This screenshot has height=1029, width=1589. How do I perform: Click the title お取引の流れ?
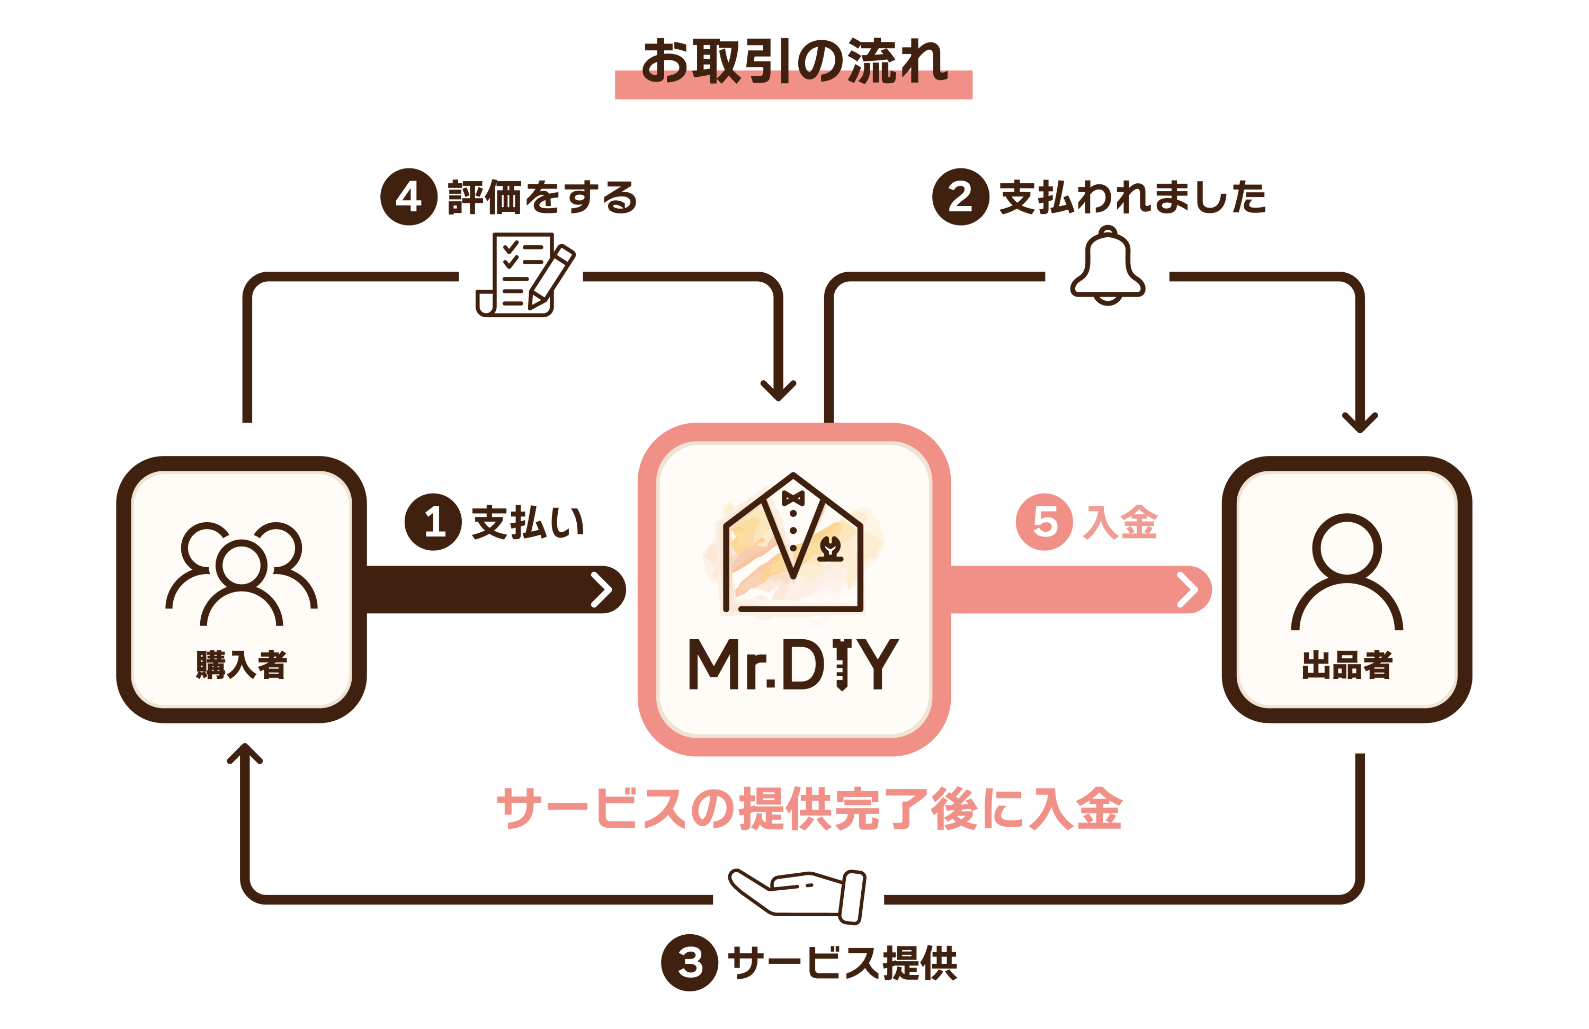coord(794,61)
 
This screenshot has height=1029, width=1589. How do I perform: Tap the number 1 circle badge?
coord(433,522)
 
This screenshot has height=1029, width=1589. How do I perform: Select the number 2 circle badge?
coord(960,197)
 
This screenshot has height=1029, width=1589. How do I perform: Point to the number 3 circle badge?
coord(690,962)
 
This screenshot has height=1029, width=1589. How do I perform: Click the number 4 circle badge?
coord(408,197)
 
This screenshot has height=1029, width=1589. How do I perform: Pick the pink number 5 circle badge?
coord(1044,522)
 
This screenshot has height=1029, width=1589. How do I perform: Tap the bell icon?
coord(1108,266)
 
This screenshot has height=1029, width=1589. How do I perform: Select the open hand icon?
coord(798,896)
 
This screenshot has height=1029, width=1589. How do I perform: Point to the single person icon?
coord(1346,572)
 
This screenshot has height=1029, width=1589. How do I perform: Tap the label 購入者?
coord(242,665)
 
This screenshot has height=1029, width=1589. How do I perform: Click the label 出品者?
coord(1346,665)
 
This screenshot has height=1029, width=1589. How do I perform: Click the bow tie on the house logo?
coord(793,498)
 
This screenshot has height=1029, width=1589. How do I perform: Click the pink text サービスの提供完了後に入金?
coord(809,809)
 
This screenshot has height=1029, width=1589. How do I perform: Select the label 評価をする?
coord(543,198)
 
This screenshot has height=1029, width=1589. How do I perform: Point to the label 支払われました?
coord(1133,198)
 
